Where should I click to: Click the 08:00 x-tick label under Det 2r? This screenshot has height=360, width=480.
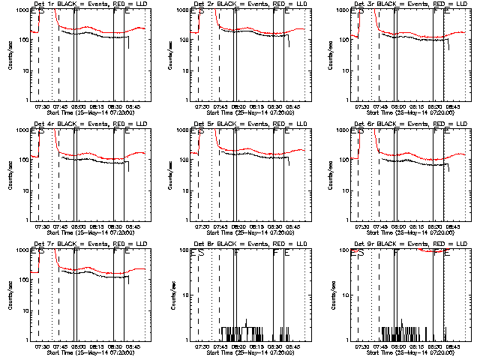pos(238,106)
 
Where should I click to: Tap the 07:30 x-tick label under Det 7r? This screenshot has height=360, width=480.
pos(42,346)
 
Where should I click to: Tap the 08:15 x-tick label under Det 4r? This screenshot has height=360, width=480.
pos(95,226)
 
